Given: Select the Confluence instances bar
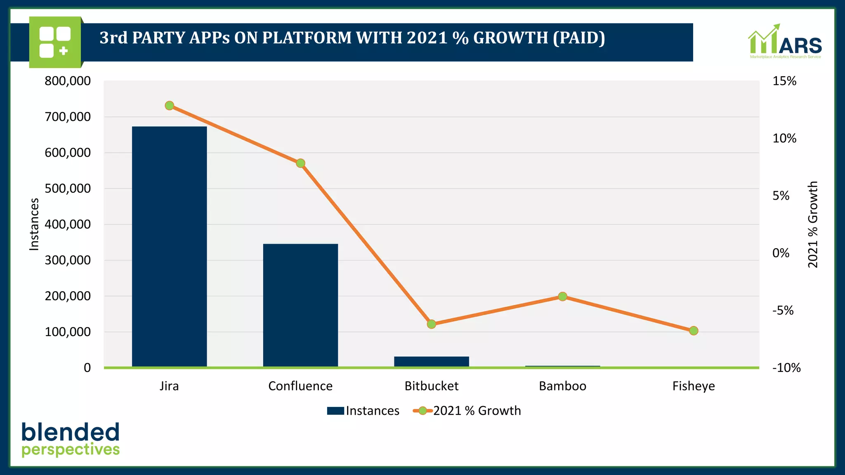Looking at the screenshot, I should click(x=300, y=305).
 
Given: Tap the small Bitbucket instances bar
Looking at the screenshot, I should click(x=431, y=361).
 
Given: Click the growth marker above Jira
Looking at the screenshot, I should click(x=169, y=106).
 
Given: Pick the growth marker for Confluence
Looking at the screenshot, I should click(x=300, y=163).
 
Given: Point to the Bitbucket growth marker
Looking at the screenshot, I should click(x=431, y=324).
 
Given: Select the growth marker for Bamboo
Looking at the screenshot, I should click(x=562, y=296).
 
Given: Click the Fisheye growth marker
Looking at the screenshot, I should click(x=694, y=331).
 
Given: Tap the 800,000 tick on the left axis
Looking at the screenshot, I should click(x=68, y=81).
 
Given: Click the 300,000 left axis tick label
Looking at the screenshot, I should click(x=68, y=260).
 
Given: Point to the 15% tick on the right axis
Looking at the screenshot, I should click(x=784, y=81).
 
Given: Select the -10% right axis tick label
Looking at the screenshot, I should click(x=786, y=368).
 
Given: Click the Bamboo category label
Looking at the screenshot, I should click(x=562, y=386).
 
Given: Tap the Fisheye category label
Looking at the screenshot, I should click(x=694, y=386).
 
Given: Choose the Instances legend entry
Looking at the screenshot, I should click(x=363, y=411).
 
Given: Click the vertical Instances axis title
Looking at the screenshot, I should click(x=34, y=224).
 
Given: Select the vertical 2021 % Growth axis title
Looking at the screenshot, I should click(x=812, y=224).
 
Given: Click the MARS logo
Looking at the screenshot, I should click(x=785, y=41).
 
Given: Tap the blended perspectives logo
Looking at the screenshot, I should click(x=71, y=440).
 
